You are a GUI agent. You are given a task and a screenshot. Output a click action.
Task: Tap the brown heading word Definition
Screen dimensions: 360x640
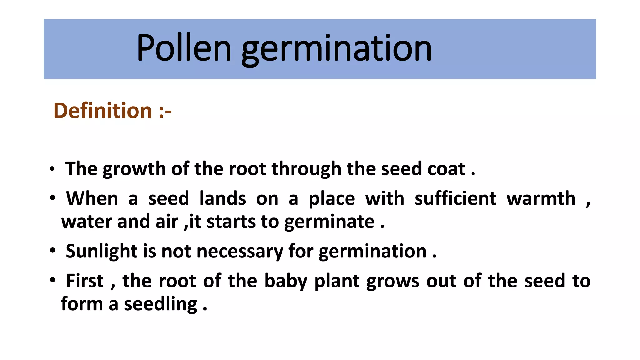103,111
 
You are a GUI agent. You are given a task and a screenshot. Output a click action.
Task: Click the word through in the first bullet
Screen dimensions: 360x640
306,169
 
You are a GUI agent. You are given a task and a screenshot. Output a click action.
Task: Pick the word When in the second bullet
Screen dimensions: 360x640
92,198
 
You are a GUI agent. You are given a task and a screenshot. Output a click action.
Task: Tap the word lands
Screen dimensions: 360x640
222,198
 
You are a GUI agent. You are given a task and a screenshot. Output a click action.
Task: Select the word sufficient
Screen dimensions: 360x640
455,198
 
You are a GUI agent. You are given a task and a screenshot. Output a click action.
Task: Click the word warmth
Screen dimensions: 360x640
541,198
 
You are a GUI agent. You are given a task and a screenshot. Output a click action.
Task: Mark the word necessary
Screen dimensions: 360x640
240,252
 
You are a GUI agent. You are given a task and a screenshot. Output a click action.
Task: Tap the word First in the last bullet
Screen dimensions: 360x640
85,281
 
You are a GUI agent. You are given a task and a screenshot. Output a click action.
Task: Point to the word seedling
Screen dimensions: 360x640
161,304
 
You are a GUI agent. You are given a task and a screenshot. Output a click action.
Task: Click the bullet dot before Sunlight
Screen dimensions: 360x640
52,251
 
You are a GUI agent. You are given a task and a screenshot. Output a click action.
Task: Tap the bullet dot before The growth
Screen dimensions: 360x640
52,169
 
